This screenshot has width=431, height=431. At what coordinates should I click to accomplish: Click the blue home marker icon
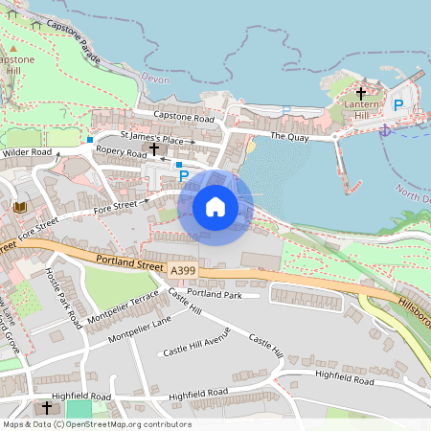pos(215,207)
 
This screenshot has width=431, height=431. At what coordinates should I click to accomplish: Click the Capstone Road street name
pos(185,117)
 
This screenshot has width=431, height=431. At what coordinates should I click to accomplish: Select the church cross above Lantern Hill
pos(361,93)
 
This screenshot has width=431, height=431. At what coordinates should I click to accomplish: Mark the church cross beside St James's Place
pos(153,149)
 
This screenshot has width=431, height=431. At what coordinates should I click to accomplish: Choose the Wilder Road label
pos(27,152)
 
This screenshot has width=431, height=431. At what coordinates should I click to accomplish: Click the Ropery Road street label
pos(122,153)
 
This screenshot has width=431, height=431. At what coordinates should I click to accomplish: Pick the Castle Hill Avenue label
pos(196,350)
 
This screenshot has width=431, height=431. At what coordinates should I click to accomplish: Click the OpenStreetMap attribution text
pos(96,424)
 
